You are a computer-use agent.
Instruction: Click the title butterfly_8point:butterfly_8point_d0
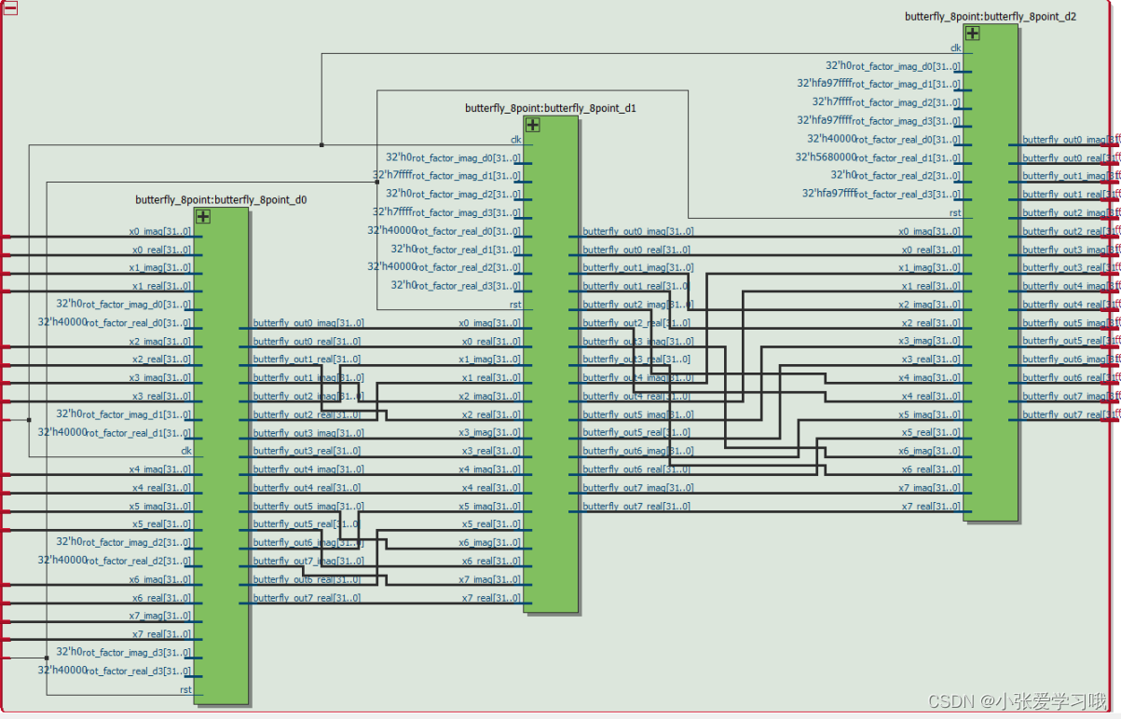coord(221,199)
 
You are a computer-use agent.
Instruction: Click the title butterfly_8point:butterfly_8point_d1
coord(551,108)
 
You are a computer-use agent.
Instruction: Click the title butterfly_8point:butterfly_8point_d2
coord(991,17)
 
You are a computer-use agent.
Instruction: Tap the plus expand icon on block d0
coord(202,216)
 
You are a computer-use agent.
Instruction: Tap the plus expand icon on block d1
coord(532,125)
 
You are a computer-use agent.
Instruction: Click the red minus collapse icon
coord(10,7)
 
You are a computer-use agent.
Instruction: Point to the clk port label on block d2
coord(955,48)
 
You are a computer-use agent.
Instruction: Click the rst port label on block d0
coord(185,689)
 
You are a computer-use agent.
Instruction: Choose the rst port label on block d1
coord(515,305)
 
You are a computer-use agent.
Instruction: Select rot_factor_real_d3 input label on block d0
coord(136,671)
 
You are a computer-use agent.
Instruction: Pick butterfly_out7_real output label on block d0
coord(307,598)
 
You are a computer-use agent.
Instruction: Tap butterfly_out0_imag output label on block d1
coord(637,231)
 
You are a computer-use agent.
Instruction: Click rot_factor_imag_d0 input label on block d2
coord(905,66)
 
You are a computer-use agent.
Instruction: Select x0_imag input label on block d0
coord(160,231)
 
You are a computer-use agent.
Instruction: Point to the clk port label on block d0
coord(185,451)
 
